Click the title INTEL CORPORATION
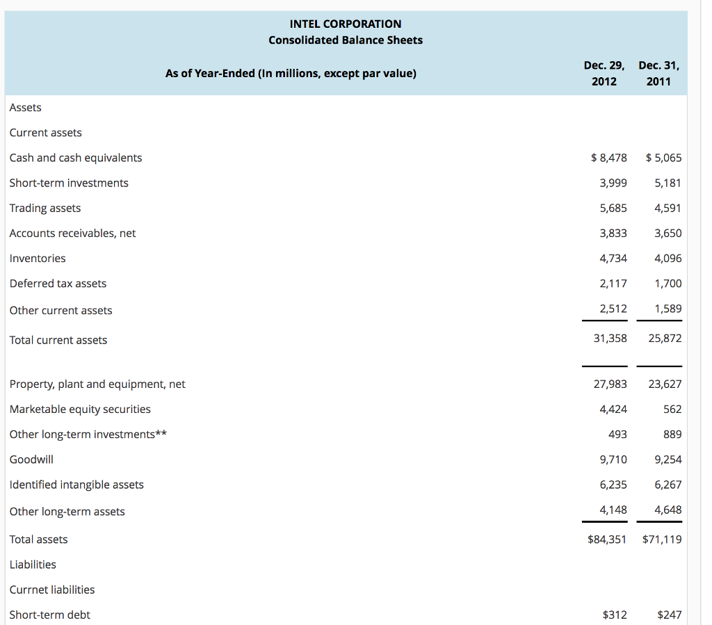pos(346,24)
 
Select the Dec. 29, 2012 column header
pos(604,73)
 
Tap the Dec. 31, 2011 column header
pos(658,73)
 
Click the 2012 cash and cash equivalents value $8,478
pos(608,158)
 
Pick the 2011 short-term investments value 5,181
pos(667,183)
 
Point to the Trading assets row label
pos(45,208)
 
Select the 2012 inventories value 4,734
pos(613,258)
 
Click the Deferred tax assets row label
pos(58,283)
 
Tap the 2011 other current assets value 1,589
pos(667,308)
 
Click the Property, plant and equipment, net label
pos(97,384)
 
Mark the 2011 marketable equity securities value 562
pos(672,409)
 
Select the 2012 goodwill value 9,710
pos(613,459)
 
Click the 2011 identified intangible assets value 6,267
pos(667,484)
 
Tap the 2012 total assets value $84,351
pos(607,539)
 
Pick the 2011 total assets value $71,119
pos(662,539)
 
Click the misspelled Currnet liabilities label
pos(52,590)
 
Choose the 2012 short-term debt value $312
pos(614,615)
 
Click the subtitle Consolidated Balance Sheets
pos(346,40)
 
